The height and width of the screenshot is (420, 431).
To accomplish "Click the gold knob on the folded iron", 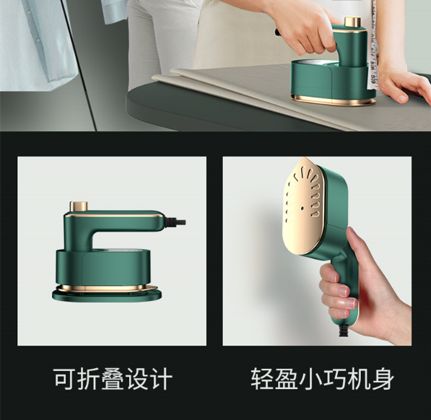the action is click(79, 206).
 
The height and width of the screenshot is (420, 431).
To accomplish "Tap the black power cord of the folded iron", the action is click(175, 222).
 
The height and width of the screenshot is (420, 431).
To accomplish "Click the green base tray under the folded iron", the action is click(107, 294).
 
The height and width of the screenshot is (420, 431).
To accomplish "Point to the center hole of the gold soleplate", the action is click(302, 208).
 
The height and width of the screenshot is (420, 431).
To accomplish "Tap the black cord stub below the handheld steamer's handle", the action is click(344, 330).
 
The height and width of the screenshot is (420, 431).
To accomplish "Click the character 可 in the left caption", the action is click(65, 379).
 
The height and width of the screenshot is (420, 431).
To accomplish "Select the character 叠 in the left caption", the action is click(113, 379).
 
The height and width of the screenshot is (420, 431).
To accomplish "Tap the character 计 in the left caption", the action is click(161, 379).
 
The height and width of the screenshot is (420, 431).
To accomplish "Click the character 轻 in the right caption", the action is click(262, 379).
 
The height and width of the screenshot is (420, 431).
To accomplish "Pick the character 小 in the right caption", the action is click(310, 379).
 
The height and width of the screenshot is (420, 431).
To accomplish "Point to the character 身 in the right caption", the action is click(383, 379).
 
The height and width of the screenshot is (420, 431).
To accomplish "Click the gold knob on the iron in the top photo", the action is click(352, 22).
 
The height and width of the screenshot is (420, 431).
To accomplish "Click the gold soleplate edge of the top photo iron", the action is click(334, 100).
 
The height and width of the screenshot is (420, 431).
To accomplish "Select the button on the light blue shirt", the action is click(38, 40).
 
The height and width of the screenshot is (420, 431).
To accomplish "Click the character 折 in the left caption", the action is click(89, 379).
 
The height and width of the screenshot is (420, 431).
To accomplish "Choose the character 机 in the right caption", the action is click(358, 379).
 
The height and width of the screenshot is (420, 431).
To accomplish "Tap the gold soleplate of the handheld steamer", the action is click(303, 206).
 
